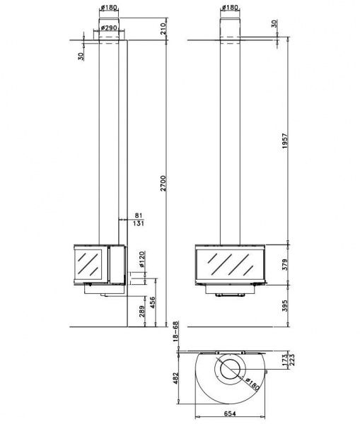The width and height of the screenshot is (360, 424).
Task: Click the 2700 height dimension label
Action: click(163, 183)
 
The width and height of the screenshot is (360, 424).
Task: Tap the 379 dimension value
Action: click(285, 264)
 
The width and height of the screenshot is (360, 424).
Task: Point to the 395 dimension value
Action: click(285, 305)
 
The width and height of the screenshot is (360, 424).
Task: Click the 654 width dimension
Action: click(230, 413)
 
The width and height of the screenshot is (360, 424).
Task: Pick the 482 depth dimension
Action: click(175, 378)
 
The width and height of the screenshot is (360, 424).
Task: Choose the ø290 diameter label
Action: click(109, 28)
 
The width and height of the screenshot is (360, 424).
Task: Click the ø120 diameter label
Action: click(142, 259)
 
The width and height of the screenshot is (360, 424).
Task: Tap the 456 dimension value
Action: click(152, 302)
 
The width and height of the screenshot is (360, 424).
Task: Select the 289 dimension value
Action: click(142, 311)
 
